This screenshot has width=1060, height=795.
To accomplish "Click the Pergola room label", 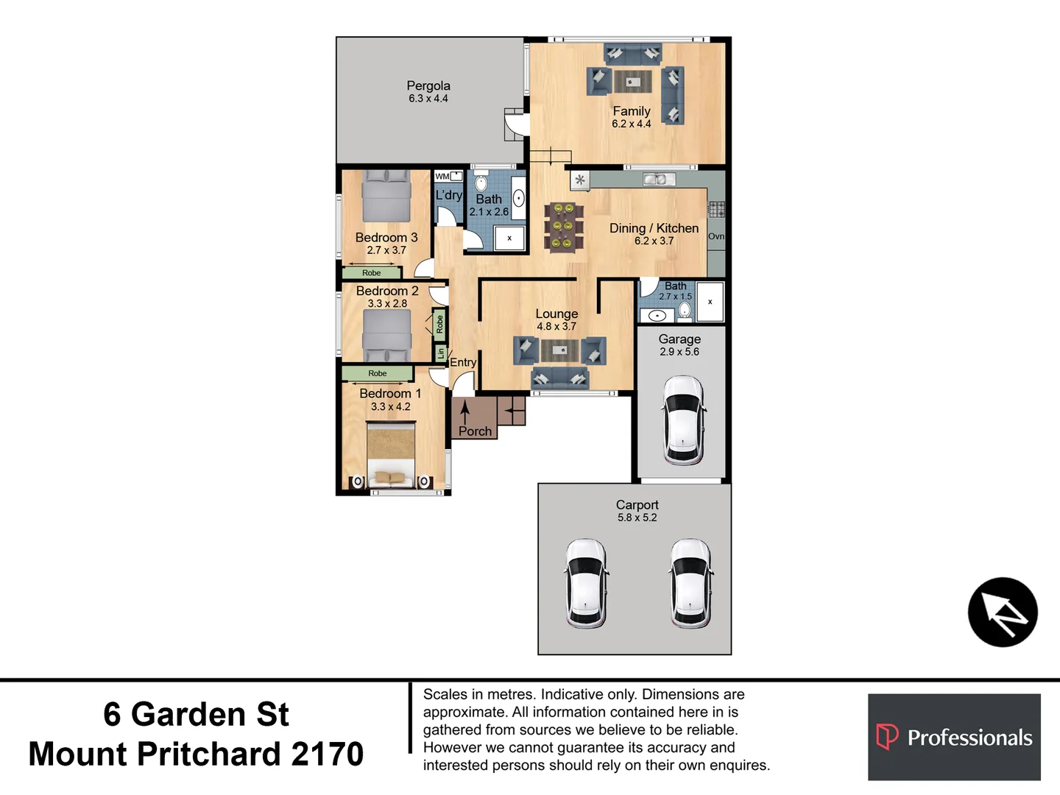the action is (428, 85).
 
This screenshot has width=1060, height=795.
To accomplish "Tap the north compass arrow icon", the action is (1003, 612).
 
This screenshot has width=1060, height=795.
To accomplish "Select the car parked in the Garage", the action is (683, 420).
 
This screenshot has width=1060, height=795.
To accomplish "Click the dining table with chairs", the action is (564, 227).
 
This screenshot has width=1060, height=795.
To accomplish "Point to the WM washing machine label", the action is (442, 177).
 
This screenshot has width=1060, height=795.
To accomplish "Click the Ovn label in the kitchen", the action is (715, 236).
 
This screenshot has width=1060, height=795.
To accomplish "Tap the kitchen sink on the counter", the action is (659, 180).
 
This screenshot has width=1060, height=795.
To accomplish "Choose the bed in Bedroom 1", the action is (391, 454).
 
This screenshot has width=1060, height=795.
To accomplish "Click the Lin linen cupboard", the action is (440, 353).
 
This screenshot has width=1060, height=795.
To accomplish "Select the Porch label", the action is (475, 431).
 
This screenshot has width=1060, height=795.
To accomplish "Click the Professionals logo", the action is (954, 737).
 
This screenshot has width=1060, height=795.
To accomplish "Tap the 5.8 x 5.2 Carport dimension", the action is (637, 517).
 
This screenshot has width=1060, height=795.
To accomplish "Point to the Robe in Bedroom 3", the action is (371, 272).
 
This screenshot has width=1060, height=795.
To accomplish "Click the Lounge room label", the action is (556, 314).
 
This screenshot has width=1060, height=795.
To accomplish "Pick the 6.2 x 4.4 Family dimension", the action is (631, 124).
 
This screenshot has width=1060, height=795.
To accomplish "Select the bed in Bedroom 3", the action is (386, 196).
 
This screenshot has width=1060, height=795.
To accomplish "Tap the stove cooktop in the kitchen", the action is (716, 209).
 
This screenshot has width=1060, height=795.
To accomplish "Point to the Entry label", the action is (462, 362).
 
